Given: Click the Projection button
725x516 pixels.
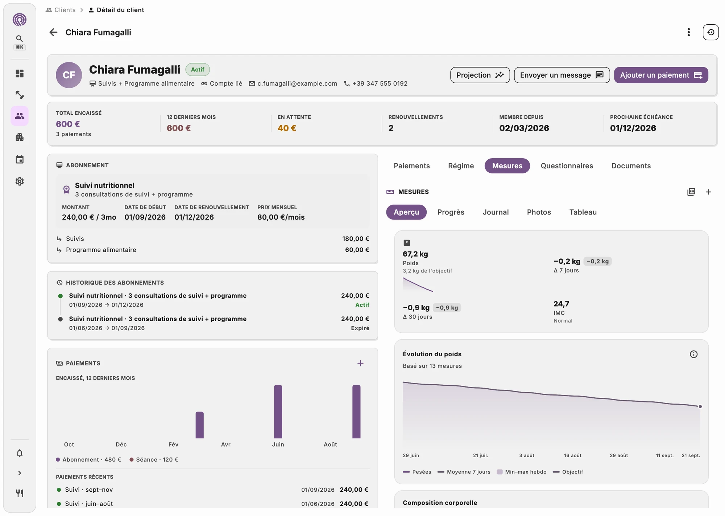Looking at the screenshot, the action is click(x=480, y=75).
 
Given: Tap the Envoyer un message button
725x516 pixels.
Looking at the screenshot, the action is click(x=562, y=75).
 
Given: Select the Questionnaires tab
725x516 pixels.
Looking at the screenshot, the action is click(x=567, y=166).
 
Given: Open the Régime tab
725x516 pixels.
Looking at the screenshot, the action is click(x=461, y=166).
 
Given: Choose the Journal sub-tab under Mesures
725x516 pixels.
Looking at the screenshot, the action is click(x=496, y=212).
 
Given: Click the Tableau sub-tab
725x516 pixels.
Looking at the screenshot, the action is click(x=583, y=212).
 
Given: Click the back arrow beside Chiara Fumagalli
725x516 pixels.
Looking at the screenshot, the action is click(x=53, y=32).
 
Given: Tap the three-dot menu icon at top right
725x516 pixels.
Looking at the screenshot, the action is click(x=688, y=32).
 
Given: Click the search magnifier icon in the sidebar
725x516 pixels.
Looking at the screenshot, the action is click(x=20, y=38).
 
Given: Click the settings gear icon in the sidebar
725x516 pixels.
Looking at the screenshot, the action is click(x=20, y=181).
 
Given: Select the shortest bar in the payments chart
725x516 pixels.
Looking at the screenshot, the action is click(x=199, y=425).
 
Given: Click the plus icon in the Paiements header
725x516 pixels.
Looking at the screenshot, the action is click(x=360, y=363).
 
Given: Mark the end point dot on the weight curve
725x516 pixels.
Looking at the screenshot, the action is click(x=700, y=406).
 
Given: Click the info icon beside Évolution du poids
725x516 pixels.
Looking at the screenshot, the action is click(x=693, y=354).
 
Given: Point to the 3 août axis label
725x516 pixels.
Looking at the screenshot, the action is click(x=527, y=455).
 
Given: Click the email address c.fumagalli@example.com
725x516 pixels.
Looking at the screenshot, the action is click(x=297, y=83).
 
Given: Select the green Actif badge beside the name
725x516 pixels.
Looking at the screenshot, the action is click(x=198, y=69).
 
